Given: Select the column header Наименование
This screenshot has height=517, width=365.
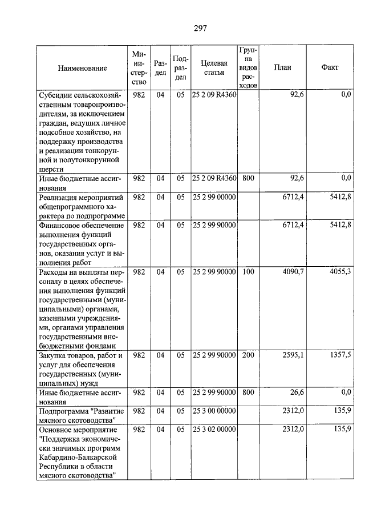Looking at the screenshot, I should pos(82,68).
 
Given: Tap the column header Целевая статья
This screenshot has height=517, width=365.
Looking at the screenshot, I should pos(214,68).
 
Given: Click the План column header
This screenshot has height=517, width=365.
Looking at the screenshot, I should pos(282,67).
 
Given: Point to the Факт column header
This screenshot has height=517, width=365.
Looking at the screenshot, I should pos(330,67).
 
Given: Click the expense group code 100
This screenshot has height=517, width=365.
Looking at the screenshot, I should pos(248,272).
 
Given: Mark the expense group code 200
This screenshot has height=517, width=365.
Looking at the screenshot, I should pos(248,355).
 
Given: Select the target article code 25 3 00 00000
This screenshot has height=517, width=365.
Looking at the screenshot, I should pos(214,411).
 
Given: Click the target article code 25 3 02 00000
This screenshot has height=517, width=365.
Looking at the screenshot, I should pos(214,429).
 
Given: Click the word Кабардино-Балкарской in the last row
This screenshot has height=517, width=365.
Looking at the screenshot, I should pos(78,457).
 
